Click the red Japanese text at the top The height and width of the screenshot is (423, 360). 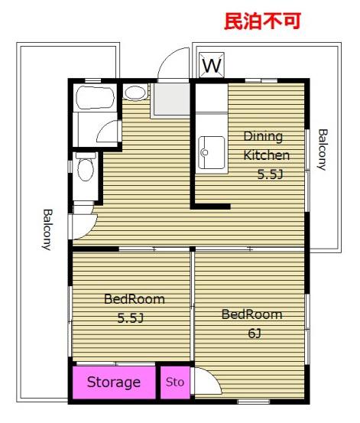coord(262,21)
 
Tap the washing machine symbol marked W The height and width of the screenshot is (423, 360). coord(212,65)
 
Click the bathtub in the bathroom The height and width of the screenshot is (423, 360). coord(96,98)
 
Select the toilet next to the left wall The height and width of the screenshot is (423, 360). coord(86,168)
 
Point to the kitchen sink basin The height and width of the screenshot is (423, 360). coord(212,152)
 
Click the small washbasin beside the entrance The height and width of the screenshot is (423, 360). coord(135,93)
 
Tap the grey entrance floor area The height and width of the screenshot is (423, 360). coord(172,99)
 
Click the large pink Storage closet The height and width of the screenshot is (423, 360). coord(114,382)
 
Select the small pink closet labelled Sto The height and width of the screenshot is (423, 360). coord(175,382)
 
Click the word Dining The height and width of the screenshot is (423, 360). coord(263,136)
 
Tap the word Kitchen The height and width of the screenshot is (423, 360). coord(267,155)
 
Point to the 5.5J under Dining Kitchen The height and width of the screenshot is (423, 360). coord(270,174)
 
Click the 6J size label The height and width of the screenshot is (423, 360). coord(255,334)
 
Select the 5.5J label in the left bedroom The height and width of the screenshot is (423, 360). coord(130,318)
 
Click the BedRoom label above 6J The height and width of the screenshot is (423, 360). coord(252,314)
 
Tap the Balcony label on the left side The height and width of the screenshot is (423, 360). coord(47,229)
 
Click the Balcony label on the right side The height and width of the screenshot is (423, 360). coord(323,150)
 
